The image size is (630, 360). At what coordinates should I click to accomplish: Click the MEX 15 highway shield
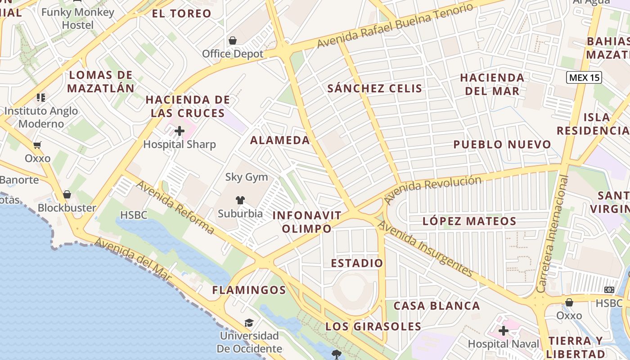[x=584, y=77]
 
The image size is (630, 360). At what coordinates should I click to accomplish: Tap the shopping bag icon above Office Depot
[x=233, y=41]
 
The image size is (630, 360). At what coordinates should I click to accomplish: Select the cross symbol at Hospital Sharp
[x=180, y=131]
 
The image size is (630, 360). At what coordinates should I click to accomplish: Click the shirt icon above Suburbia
[x=240, y=200]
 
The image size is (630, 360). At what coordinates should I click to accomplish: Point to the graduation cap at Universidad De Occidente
[x=249, y=323]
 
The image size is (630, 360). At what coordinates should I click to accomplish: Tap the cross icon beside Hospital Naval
[x=504, y=331]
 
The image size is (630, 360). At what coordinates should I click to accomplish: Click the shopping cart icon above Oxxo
[x=37, y=145]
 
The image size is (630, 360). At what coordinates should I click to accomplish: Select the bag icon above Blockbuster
[x=67, y=194]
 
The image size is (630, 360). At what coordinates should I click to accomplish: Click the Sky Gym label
[x=247, y=177]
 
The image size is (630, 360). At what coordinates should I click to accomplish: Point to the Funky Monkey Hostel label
[x=78, y=18]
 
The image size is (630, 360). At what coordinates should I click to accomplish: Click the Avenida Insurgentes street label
[x=425, y=249]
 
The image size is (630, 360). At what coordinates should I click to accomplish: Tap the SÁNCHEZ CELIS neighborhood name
[x=375, y=88]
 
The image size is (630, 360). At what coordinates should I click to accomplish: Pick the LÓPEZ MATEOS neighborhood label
[x=469, y=221]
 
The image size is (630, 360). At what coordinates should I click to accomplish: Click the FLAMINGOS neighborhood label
[x=249, y=290]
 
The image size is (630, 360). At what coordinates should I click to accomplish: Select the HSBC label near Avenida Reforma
[x=134, y=215]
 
